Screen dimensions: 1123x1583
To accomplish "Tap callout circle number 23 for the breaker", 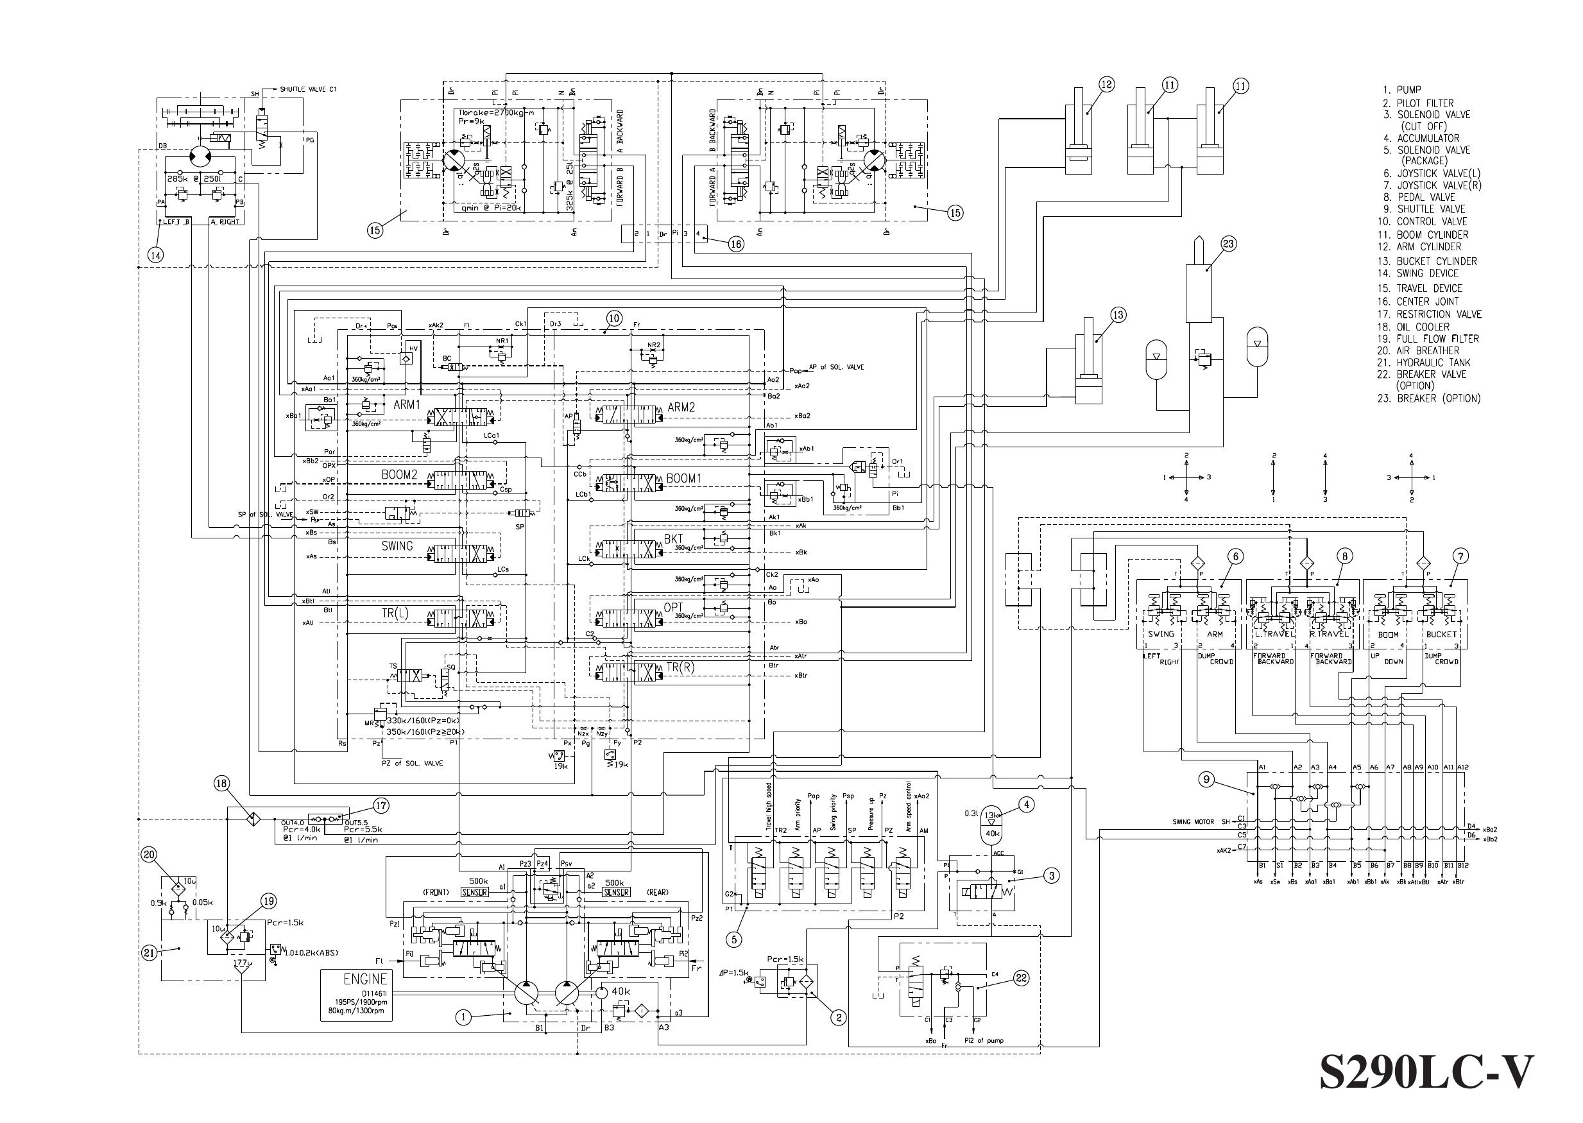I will (x=1228, y=243).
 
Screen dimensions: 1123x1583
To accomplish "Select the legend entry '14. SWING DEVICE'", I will (x=1427, y=273).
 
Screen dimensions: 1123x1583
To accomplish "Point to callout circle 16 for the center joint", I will (x=736, y=243).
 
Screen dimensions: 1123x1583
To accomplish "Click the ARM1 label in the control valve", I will (x=406, y=404).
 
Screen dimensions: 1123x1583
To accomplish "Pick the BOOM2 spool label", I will (x=400, y=475).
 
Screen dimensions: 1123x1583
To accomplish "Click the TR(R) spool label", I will (x=680, y=667).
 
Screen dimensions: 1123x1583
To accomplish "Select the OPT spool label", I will (x=673, y=607).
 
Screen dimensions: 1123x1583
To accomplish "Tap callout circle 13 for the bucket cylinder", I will (x=1118, y=315).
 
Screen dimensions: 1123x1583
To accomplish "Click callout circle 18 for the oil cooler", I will (x=221, y=784).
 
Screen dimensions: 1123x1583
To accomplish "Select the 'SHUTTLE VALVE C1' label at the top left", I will (x=308, y=89).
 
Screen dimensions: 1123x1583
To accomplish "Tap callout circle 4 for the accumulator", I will (x=1027, y=804).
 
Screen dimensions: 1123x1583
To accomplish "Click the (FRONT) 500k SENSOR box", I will (x=474, y=892).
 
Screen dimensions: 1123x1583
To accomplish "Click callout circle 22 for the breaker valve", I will (x=1021, y=978).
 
